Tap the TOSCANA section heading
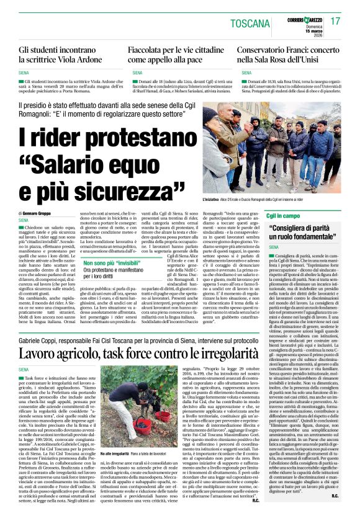coord(255,23)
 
